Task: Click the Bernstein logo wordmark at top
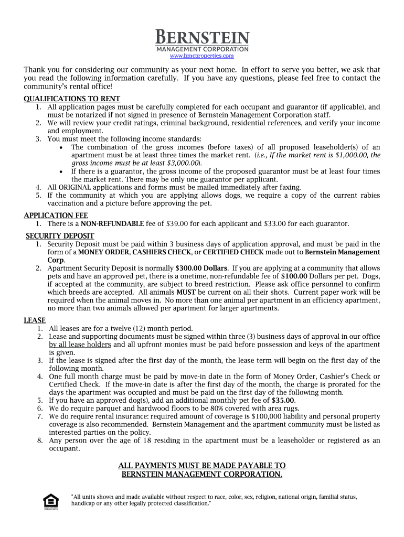point(202,38)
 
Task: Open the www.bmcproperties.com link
point(202,56)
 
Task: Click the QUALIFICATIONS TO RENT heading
point(72,99)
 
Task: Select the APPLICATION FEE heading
point(56,216)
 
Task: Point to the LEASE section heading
point(35,320)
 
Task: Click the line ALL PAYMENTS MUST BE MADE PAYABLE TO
point(202,466)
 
